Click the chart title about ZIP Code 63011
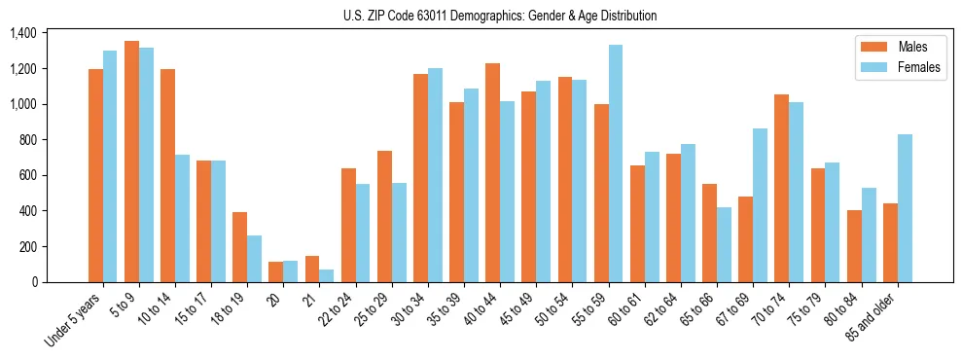click(500, 16)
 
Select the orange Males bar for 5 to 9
click(131, 162)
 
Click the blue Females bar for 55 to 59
click(616, 163)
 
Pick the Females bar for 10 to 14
click(183, 218)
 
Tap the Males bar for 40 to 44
click(493, 172)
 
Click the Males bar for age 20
click(276, 271)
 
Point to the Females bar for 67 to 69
click(760, 205)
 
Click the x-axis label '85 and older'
click(873, 316)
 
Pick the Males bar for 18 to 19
click(240, 247)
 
